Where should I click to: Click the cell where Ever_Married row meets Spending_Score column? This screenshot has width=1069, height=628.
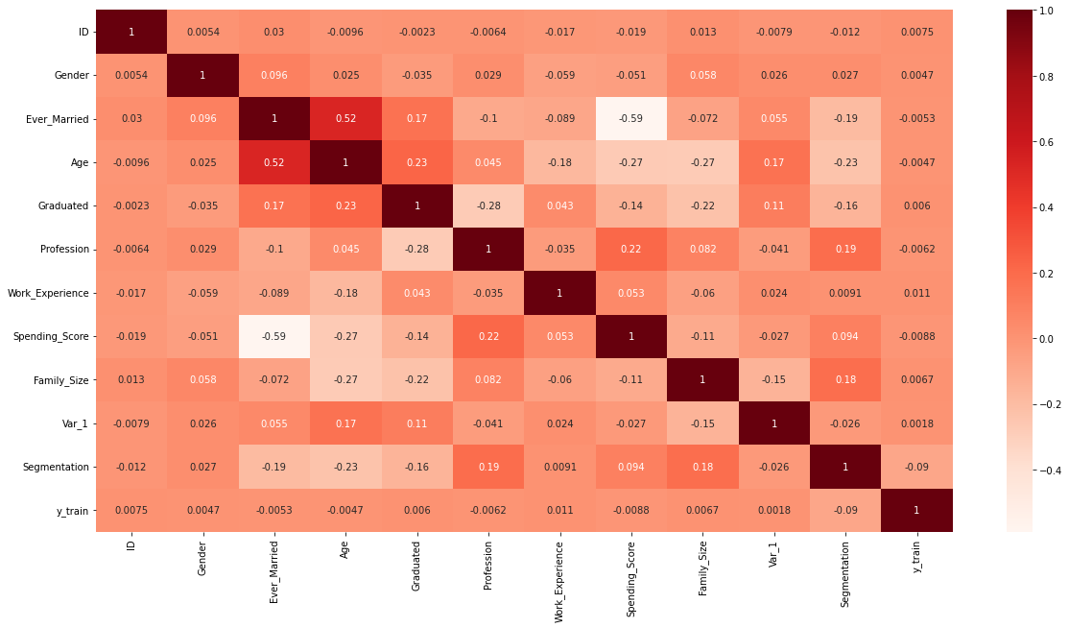click(631, 118)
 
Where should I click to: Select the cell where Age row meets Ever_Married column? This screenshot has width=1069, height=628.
click(274, 162)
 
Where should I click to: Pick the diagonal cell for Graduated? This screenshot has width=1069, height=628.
click(416, 205)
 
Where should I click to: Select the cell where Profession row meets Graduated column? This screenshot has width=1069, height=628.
click(416, 250)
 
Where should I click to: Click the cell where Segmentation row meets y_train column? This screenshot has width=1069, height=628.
click(916, 467)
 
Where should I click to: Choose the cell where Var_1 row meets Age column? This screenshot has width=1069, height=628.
click(345, 423)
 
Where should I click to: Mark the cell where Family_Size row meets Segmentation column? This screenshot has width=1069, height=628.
click(845, 380)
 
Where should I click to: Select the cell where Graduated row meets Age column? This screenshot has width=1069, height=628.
click(345, 205)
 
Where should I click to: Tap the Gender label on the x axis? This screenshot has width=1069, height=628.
click(202, 557)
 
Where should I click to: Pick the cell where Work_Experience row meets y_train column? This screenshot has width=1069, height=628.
click(916, 293)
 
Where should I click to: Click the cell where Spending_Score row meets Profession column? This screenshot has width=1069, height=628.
click(488, 336)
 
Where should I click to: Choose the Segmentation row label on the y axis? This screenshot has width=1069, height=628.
click(59, 467)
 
